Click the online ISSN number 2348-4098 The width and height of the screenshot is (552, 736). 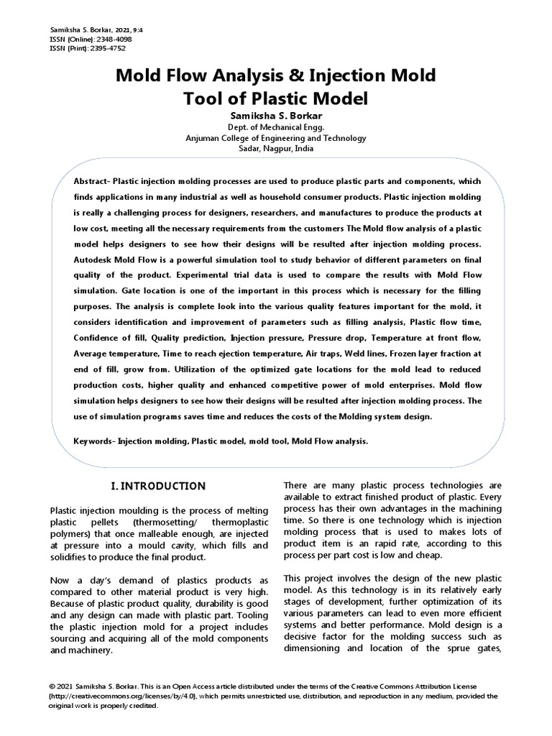(x=112, y=39)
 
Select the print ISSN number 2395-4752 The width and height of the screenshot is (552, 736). (x=108, y=48)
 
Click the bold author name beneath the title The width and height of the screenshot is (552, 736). (x=276, y=116)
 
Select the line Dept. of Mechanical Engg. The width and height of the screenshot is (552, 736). (x=276, y=127)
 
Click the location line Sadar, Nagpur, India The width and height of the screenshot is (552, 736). (x=276, y=149)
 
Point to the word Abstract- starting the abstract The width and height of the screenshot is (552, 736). (x=92, y=180)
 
